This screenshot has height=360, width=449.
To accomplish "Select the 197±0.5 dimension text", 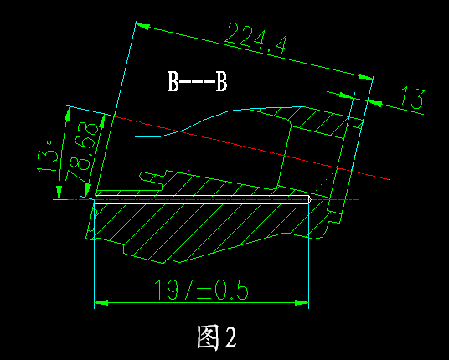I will click(x=202, y=290).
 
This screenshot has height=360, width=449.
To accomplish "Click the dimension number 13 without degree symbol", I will click(x=411, y=97).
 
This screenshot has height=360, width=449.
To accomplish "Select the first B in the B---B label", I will click(x=173, y=82).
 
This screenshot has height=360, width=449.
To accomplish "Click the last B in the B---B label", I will click(x=221, y=82).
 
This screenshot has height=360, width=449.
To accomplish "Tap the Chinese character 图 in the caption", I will click(x=209, y=337).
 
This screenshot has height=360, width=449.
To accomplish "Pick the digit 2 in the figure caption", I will click(x=230, y=337).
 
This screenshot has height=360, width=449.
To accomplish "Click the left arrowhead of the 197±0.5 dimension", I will click(x=101, y=301).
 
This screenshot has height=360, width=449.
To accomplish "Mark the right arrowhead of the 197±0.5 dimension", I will click(x=302, y=301).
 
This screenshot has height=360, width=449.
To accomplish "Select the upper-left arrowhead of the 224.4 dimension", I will click(x=143, y=26).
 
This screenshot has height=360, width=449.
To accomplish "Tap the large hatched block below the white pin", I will click(x=193, y=226).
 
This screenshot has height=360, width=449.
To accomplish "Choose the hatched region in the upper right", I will click(x=323, y=126).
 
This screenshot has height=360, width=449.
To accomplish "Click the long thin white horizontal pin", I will click(x=201, y=199).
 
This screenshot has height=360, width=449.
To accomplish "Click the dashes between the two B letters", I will click(x=198, y=82).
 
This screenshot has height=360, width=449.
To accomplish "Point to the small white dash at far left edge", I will click(x=7, y=299).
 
